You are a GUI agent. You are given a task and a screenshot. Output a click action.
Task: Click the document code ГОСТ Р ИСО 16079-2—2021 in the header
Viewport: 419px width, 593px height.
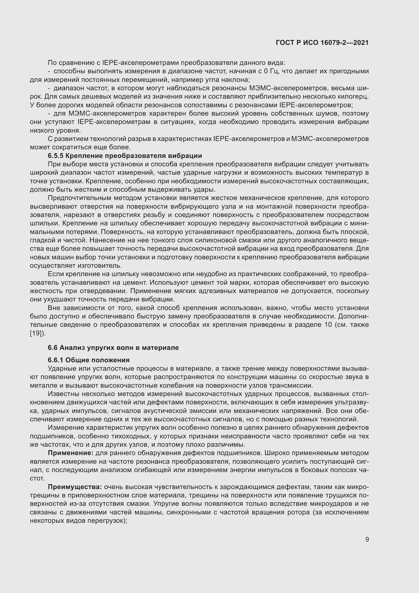322,43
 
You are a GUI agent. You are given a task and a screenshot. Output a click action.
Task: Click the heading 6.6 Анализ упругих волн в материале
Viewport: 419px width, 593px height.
113,347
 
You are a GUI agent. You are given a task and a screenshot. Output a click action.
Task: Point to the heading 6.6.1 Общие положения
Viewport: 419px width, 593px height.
88,360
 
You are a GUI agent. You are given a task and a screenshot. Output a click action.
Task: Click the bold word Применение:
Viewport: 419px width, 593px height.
71,453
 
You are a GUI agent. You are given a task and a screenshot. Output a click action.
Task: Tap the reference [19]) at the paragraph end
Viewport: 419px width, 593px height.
38,333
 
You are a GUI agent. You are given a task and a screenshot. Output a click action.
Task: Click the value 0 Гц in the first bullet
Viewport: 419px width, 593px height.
267,71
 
